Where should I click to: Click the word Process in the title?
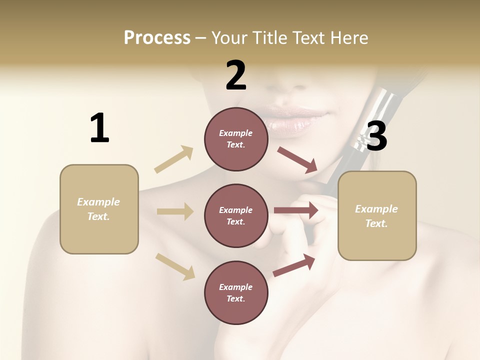157,38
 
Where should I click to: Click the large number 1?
99,128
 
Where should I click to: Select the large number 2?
236,75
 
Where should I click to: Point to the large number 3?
376,136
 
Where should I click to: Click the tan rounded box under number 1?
99,209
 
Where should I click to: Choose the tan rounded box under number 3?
377,215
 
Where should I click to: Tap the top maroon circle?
236,139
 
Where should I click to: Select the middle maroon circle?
236,215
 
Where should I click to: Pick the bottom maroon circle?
236,292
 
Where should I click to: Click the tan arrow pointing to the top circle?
174,159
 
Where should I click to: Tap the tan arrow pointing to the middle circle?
175,211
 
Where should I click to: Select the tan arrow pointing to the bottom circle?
175,266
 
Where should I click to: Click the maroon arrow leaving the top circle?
297,160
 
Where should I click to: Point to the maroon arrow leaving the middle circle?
296,210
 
